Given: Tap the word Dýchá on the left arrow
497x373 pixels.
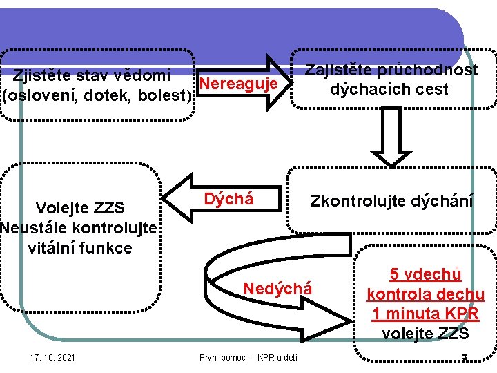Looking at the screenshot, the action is tap(228, 200).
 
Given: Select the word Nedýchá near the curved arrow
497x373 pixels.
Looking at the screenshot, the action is tap(277, 289).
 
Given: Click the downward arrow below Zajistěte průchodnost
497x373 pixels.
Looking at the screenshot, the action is tap(391, 142).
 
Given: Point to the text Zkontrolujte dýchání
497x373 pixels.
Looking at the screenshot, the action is tap(391, 202).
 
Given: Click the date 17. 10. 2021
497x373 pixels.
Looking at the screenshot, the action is tap(53, 357).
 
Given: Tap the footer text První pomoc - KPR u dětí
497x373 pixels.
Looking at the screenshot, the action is tap(249, 357).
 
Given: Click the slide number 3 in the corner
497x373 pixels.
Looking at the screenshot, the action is tap(465, 357).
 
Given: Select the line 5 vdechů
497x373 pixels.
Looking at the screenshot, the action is tap(425, 274).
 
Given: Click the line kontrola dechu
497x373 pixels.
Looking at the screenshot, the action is tap(425, 294).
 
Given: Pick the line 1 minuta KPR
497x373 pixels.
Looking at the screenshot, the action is tap(425, 314).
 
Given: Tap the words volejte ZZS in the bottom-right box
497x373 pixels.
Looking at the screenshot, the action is tap(425, 334).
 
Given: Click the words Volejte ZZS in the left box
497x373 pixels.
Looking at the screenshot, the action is tap(79, 208).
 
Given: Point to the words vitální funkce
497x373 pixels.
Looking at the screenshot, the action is tap(80, 247).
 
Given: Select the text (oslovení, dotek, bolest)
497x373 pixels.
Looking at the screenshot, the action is tap(97, 95).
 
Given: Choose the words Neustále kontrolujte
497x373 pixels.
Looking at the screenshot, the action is tap(80, 228).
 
